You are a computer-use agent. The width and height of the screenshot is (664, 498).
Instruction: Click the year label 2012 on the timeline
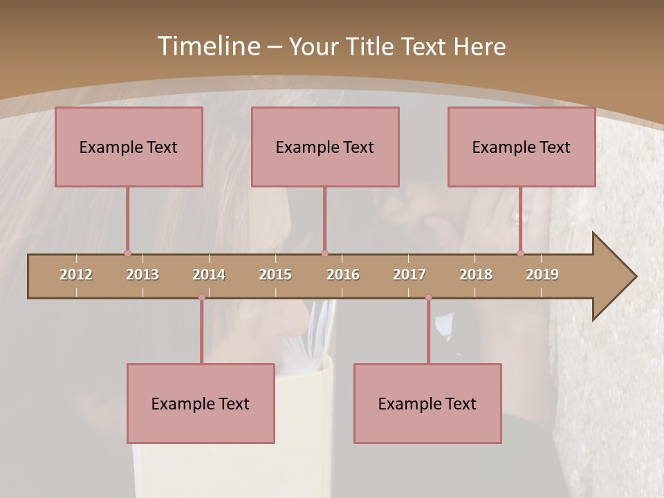coord(76,275)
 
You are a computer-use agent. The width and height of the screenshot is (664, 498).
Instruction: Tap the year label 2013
coord(142,275)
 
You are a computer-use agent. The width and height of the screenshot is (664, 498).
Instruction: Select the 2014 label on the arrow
coord(209,275)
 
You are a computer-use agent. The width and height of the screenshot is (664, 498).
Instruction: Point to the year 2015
coord(275,275)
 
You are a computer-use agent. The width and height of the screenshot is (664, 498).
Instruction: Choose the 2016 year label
coord(343,275)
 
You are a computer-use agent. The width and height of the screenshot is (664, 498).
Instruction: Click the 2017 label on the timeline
coord(409,275)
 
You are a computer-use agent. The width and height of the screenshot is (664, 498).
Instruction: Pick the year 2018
coord(476,275)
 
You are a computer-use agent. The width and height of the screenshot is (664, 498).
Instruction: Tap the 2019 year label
coord(542,275)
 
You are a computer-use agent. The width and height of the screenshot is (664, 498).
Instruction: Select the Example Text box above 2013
coord(129,147)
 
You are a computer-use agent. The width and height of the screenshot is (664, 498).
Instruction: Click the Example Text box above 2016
coord(325,147)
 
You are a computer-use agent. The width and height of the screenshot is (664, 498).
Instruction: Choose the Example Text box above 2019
coord(522,147)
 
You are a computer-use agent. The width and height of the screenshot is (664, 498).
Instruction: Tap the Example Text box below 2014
coord(201,403)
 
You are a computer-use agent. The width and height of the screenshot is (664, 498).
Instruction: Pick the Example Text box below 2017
coord(427,403)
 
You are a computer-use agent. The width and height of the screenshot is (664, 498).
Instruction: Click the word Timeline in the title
coord(208,46)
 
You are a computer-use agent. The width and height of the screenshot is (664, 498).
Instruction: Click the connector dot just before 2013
coord(127,253)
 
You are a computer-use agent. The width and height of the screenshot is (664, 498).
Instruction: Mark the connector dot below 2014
coord(201,297)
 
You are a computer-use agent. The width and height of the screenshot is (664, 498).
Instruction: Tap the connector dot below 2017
coord(428,297)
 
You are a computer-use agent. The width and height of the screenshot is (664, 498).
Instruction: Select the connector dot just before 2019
coord(520,253)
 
